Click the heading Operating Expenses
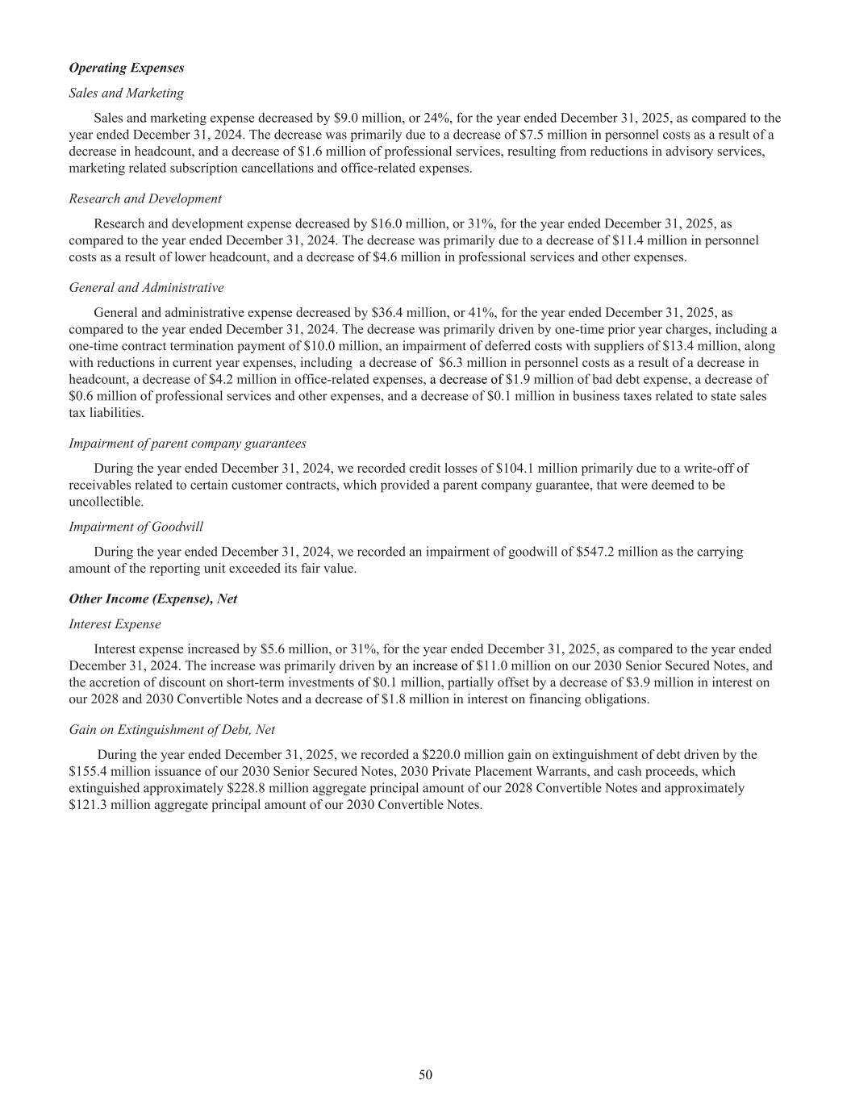127,68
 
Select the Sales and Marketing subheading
126,93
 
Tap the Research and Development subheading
145,198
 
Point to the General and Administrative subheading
146,287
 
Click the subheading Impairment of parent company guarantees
187,443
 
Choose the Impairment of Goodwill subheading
136,527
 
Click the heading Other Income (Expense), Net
153,598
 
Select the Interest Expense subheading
115,623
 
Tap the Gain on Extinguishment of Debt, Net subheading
172,729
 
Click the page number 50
425,1074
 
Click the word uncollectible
106,502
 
